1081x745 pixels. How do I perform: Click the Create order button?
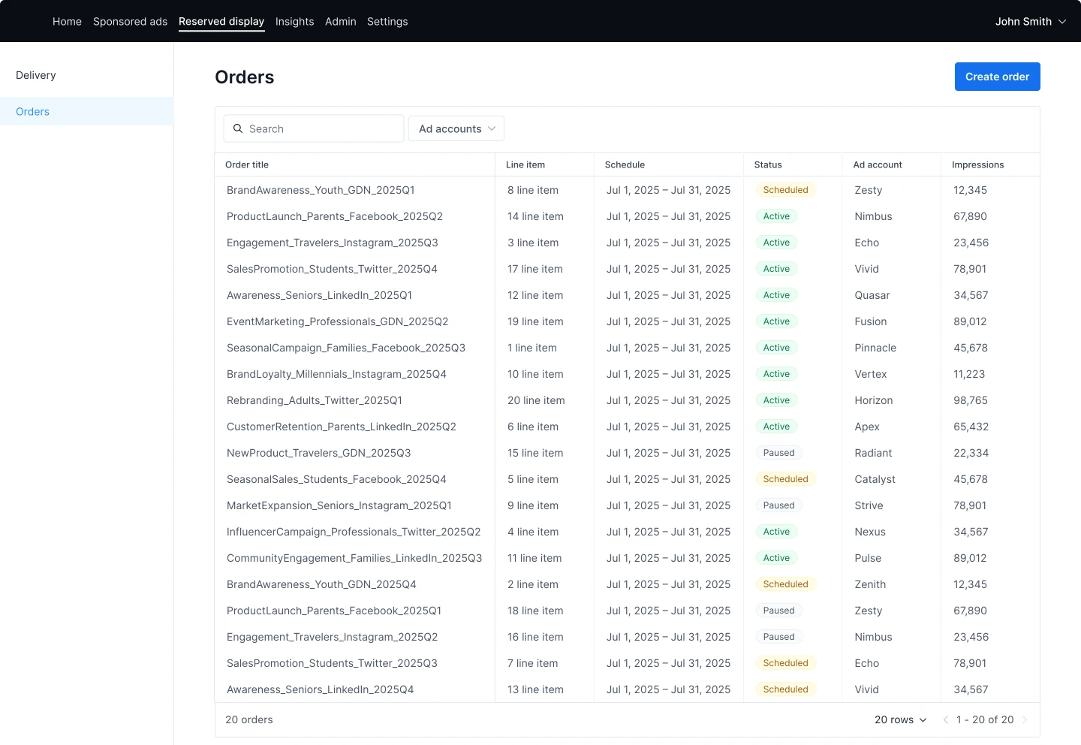point(997,77)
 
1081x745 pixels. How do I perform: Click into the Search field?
point(314,128)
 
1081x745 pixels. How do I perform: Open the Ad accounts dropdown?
point(456,128)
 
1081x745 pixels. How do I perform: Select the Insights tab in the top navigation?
point(294,21)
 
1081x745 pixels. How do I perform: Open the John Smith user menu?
point(1030,21)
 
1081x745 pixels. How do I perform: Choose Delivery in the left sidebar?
point(36,75)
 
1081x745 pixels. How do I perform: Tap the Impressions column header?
point(977,164)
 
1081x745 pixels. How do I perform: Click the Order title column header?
point(246,164)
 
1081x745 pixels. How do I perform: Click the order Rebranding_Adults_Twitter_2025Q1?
point(314,400)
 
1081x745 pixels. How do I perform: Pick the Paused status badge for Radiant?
point(778,452)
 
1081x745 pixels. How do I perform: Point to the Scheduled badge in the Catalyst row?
point(785,479)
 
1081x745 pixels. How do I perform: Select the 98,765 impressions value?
point(970,400)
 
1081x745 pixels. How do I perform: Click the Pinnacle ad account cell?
point(875,348)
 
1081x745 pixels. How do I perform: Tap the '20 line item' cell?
point(536,400)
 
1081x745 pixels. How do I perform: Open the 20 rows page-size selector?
point(901,719)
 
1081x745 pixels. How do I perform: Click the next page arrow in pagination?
point(1025,719)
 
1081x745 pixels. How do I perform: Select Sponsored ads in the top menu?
point(130,21)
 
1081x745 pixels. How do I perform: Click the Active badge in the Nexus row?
point(776,532)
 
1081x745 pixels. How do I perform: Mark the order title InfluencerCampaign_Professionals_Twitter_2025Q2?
point(354,532)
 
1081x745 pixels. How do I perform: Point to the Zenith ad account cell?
point(869,584)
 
